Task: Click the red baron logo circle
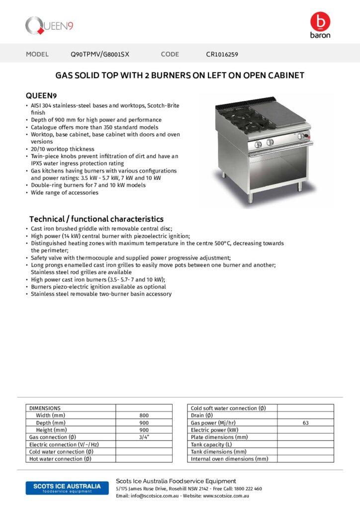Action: pyautogui.click(x=320, y=21)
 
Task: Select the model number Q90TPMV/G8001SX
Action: pyautogui.click(x=99, y=54)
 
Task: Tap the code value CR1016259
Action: pyautogui.click(x=225, y=54)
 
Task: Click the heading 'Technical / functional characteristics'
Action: pyautogui.click(x=96, y=219)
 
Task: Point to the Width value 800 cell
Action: pyautogui.click(x=144, y=415)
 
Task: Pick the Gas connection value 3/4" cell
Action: pyautogui.click(x=144, y=437)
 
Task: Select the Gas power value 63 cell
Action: pyautogui.click(x=305, y=423)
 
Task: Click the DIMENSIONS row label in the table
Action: pyautogui.click(x=45, y=408)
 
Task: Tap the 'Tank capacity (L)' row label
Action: pyautogui.click(x=211, y=444)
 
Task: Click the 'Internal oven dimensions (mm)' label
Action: pyautogui.click(x=229, y=459)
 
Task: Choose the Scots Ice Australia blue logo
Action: pyautogui.click(x=63, y=488)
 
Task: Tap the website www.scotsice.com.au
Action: pyautogui.click(x=226, y=496)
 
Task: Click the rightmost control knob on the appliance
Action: pyautogui.click(x=301, y=136)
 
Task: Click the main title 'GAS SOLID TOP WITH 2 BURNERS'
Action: pyautogui.click(x=180, y=76)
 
